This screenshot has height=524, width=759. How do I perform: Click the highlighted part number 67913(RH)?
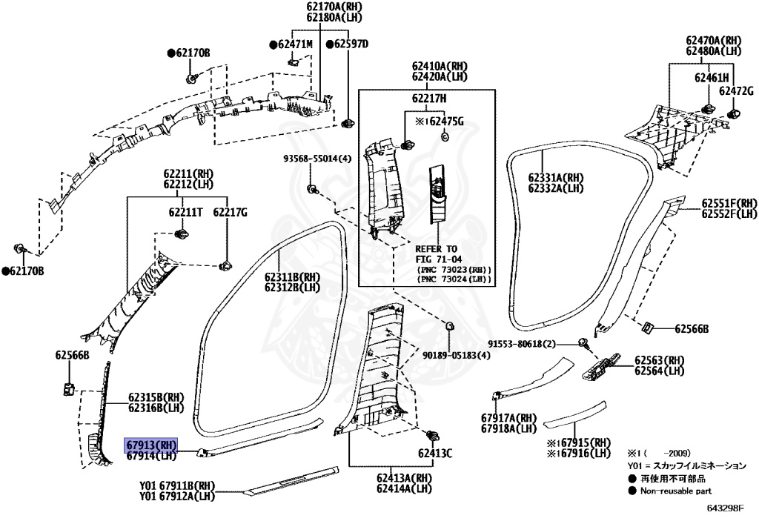(x=150, y=445)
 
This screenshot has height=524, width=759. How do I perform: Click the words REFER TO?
(x=437, y=249)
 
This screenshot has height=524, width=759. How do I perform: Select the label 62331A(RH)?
(x=557, y=178)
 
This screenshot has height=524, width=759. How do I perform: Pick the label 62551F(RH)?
(x=729, y=203)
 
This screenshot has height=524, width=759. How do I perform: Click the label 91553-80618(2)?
(x=522, y=343)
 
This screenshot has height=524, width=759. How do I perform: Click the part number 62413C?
(x=434, y=452)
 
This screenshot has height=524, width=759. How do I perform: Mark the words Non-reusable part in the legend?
(x=676, y=490)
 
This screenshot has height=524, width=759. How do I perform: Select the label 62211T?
(x=185, y=213)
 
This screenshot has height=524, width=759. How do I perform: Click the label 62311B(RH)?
(x=291, y=278)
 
